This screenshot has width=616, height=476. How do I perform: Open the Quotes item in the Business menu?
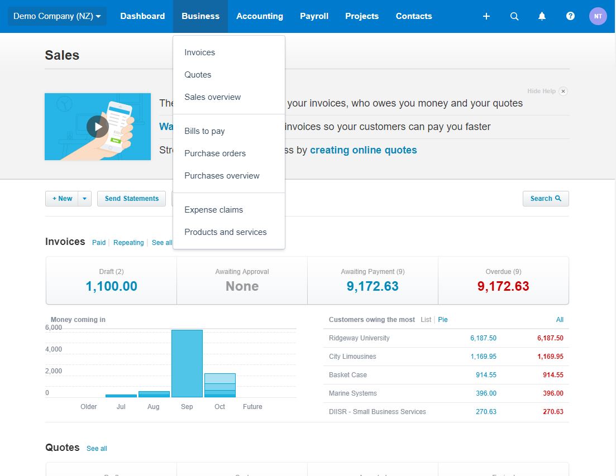click(198, 75)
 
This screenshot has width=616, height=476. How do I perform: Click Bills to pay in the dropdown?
click(204, 131)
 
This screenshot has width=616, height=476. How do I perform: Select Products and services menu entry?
click(225, 232)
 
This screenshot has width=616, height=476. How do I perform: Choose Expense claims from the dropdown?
click(213, 210)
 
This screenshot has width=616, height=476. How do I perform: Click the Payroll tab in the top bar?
click(314, 16)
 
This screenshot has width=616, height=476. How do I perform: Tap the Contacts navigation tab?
click(413, 16)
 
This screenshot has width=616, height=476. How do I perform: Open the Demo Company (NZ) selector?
click(57, 16)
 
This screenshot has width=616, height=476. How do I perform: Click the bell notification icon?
click(542, 16)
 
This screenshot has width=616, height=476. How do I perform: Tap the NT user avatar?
click(598, 16)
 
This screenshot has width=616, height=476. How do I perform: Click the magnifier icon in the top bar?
click(514, 16)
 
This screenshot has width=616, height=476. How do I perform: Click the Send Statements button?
click(131, 199)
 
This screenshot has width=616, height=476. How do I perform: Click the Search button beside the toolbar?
click(545, 199)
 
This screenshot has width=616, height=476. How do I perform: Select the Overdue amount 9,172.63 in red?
click(503, 286)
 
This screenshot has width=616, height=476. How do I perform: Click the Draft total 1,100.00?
click(111, 286)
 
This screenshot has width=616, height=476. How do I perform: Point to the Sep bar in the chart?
click(187, 363)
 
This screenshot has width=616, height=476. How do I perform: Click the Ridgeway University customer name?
click(359, 338)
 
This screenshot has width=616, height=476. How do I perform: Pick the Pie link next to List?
click(443, 320)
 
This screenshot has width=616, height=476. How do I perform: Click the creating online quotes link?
click(363, 150)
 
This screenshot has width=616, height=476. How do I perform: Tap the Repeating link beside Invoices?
click(128, 243)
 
